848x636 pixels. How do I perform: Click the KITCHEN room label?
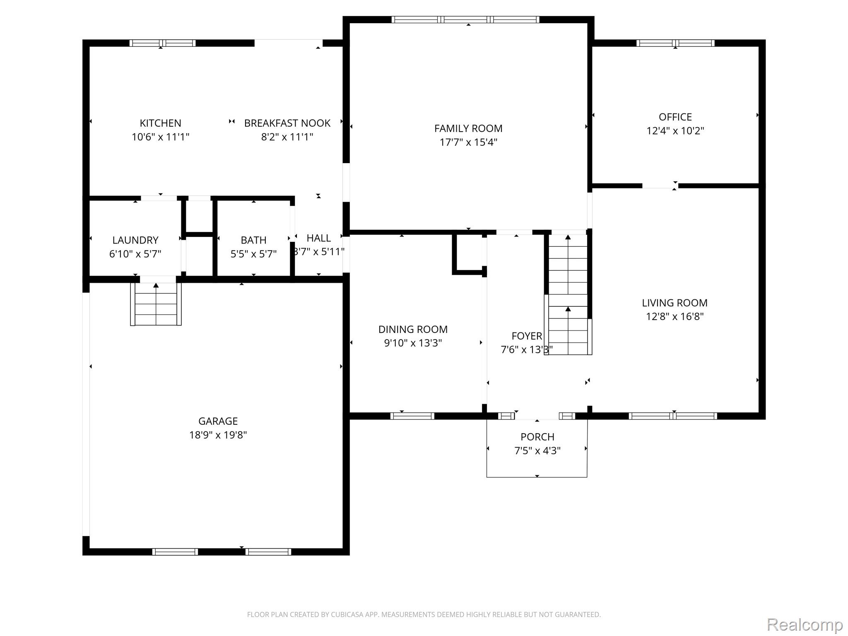click(160, 123)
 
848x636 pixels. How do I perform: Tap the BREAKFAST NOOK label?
click(287, 123)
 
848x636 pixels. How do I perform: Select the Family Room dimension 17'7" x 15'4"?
click(468, 142)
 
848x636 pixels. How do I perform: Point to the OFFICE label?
click(675, 117)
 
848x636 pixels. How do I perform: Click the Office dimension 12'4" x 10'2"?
click(675, 130)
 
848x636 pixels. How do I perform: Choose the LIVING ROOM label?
click(675, 303)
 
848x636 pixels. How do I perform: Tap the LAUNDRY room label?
click(135, 240)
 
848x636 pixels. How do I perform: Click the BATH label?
click(253, 240)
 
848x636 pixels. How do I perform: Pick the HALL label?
click(319, 238)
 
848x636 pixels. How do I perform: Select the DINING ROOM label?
click(413, 329)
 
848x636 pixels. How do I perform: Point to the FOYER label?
click(527, 336)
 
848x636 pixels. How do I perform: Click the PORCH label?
click(537, 437)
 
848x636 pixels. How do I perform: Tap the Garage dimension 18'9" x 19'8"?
click(218, 435)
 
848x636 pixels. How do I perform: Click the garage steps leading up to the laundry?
click(156, 304)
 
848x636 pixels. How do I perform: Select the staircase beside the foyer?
click(568, 294)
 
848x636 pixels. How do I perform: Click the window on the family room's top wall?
click(465, 19)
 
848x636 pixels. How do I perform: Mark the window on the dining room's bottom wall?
click(412, 416)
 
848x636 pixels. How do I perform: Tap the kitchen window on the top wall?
click(162, 43)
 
